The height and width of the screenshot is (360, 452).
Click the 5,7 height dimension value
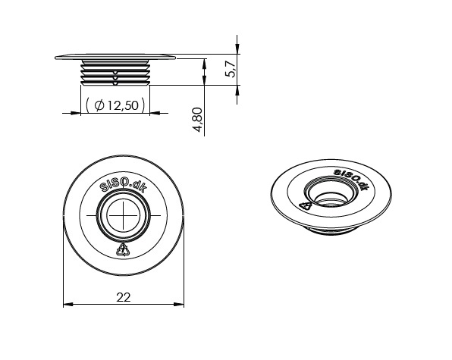coord(231,70)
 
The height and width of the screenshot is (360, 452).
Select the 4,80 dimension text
coord(199,120)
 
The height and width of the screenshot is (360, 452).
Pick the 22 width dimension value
coord(124,297)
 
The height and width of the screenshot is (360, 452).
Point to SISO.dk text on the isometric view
coord(351,180)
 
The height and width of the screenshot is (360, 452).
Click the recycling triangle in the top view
coord(123,249)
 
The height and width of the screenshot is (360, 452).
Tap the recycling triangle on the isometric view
coord(306,205)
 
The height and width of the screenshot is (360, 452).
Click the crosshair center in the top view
coord(124,215)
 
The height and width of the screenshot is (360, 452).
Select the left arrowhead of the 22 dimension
coord(68,304)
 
